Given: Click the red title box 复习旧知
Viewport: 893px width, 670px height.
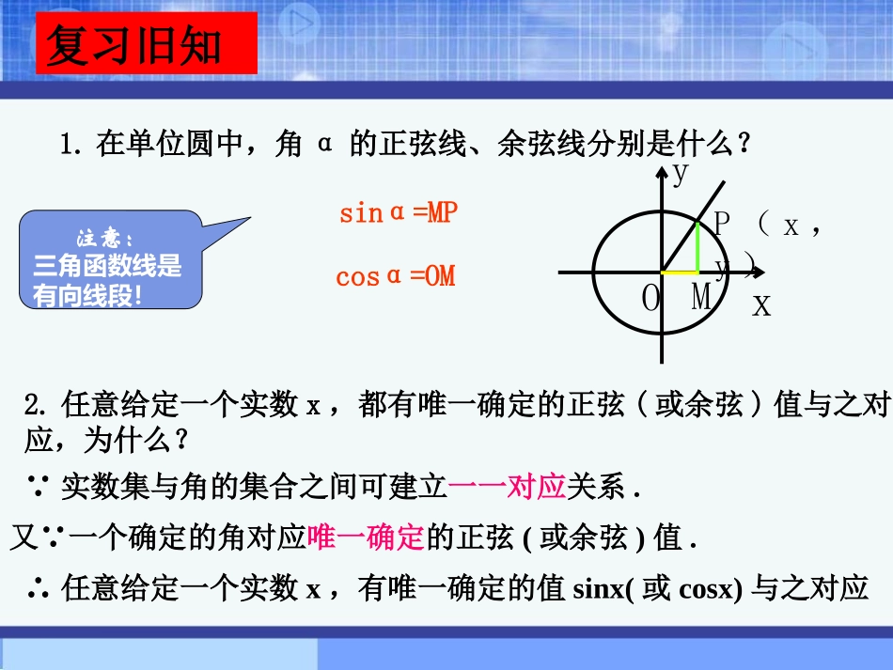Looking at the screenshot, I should [146, 43].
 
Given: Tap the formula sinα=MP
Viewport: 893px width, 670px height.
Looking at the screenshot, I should [398, 213].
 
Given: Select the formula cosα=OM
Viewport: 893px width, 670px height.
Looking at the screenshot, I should [395, 276].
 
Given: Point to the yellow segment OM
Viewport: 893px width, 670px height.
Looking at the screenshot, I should [680, 273].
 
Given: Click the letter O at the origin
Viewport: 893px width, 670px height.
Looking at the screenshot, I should [651, 300].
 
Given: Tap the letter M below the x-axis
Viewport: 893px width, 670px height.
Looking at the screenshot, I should [701, 299].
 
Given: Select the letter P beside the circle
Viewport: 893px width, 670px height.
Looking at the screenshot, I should [721, 225].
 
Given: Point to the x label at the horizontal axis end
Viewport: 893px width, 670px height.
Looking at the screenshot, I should [761, 304].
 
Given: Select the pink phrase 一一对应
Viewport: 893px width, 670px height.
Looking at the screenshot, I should [507, 487].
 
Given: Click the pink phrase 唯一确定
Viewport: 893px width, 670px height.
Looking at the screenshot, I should [366, 538].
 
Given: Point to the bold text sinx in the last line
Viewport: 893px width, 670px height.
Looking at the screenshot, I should [597, 589].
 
